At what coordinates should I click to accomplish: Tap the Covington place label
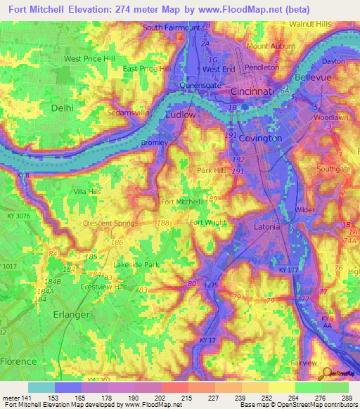pos(260,138)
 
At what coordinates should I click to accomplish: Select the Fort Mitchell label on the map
pos(181,202)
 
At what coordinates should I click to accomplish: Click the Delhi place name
pos(62,108)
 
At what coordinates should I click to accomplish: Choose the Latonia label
pos(266,227)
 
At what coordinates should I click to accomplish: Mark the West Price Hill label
pos(89,59)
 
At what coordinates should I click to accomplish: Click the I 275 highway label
pos(212,285)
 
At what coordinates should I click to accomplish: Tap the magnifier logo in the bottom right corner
pos(326,373)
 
